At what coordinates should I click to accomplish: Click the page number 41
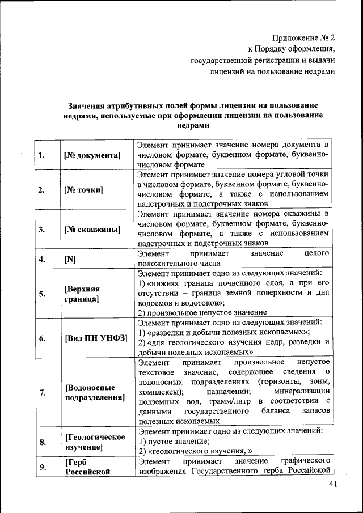(x=332, y=484)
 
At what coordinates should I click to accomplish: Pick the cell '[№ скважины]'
(x=92, y=230)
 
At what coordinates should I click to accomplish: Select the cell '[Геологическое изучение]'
(x=95, y=442)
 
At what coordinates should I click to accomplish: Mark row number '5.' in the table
(x=42, y=293)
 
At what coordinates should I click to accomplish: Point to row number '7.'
(x=42, y=392)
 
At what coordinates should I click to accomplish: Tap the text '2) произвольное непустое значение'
(x=202, y=312)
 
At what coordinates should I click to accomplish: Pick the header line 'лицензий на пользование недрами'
(x=273, y=71)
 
